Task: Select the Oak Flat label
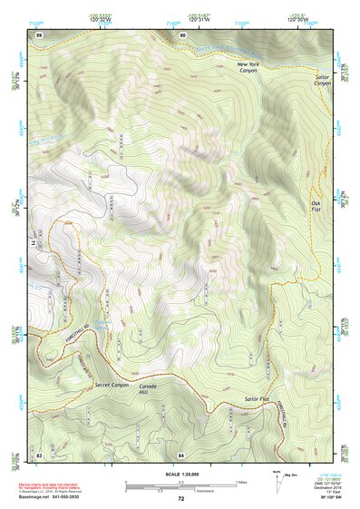[316, 206]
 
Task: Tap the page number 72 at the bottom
[180, 499]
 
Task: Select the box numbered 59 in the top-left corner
[38, 34]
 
